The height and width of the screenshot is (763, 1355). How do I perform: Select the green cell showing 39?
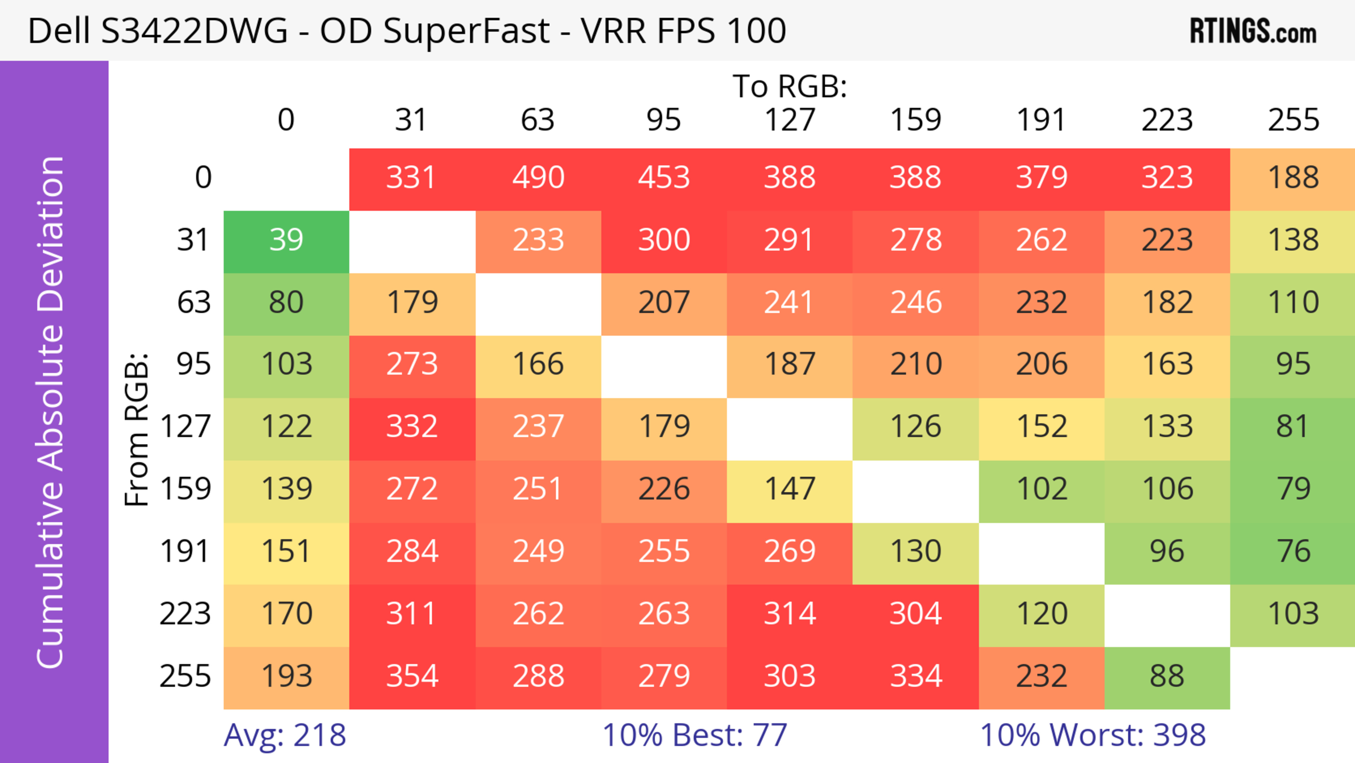click(286, 240)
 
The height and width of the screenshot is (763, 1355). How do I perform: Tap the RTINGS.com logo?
click(1253, 31)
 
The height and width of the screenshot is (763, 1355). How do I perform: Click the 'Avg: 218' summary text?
click(284, 735)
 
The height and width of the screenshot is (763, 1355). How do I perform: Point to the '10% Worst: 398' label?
click(1092, 735)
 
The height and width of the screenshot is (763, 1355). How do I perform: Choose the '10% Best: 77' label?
click(694, 735)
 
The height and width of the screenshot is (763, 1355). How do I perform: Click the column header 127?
click(790, 120)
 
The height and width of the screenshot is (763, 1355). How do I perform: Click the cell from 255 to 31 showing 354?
click(412, 676)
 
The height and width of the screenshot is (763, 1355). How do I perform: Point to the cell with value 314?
click(790, 614)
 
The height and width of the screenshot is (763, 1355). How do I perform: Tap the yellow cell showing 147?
click(790, 489)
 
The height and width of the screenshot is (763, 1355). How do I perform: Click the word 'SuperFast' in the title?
click(466, 31)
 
